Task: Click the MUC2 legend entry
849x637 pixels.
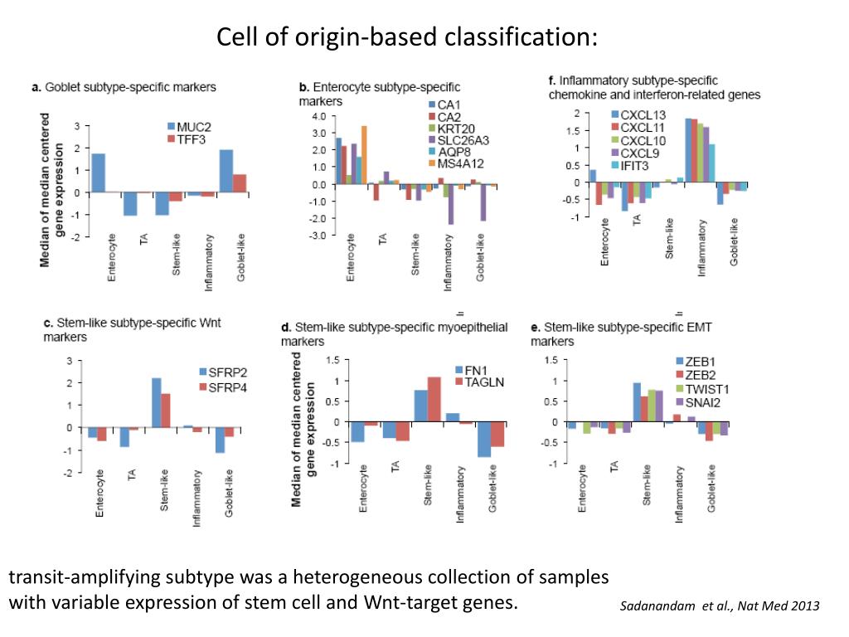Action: tap(189, 127)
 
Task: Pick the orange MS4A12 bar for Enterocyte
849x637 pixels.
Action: tap(364, 155)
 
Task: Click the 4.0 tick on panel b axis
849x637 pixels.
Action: tap(318, 117)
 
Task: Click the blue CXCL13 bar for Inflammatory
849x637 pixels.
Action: tap(688, 150)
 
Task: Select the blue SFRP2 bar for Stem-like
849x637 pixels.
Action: tap(156, 402)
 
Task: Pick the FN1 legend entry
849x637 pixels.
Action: tap(471, 370)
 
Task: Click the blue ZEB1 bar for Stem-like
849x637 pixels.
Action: tap(637, 402)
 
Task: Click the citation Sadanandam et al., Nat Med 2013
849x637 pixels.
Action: tap(720, 606)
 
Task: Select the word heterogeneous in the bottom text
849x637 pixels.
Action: tap(395, 577)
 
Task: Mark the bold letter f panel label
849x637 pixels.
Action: tap(551, 81)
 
